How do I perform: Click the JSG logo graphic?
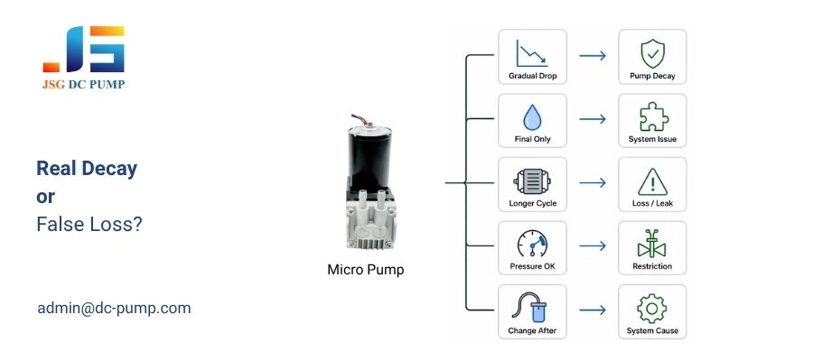click(x=83, y=50)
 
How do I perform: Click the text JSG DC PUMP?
click(x=83, y=86)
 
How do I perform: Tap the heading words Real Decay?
click(x=87, y=168)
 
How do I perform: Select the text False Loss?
click(x=89, y=225)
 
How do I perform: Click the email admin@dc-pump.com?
click(x=114, y=308)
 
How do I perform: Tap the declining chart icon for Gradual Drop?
click(x=532, y=51)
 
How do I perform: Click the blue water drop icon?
click(x=532, y=116)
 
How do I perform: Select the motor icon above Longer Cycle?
click(x=532, y=180)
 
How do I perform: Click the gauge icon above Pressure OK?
click(x=532, y=244)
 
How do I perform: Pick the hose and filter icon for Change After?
click(x=532, y=308)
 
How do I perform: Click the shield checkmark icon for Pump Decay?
click(x=651, y=51)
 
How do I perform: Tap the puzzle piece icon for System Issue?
click(x=651, y=116)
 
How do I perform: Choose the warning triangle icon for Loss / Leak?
click(x=651, y=180)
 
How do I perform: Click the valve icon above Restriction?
click(x=651, y=244)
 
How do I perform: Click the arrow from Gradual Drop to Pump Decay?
click(x=592, y=56)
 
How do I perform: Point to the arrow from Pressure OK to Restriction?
click(x=592, y=247)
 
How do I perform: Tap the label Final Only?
click(x=532, y=140)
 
